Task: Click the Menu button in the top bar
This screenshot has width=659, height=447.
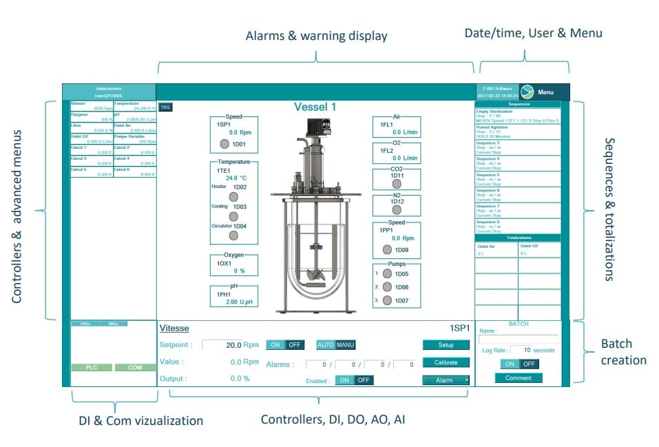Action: (545, 92)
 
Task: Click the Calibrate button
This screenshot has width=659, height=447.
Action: (446, 362)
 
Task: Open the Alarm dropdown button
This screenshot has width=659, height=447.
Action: (446, 380)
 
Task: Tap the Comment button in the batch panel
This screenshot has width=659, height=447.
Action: (518, 377)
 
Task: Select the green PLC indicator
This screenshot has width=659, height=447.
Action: (90, 368)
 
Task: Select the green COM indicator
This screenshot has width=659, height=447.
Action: (134, 368)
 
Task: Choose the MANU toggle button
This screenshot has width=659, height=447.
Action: (346, 345)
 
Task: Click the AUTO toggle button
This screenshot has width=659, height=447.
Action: (325, 345)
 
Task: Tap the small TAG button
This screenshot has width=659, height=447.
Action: (165, 107)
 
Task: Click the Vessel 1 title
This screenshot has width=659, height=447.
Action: (315, 107)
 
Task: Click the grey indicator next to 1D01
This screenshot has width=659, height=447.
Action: (224, 144)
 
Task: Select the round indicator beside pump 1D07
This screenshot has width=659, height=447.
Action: (387, 300)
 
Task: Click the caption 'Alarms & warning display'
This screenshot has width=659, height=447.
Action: (317, 36)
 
